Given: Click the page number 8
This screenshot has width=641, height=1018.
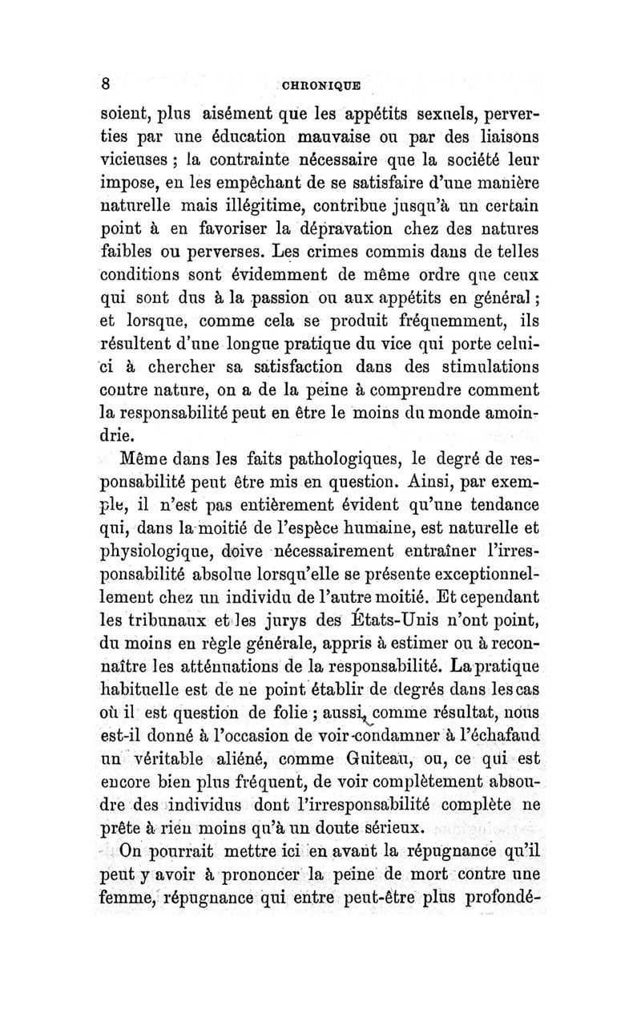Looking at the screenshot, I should (x=104, y=84).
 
